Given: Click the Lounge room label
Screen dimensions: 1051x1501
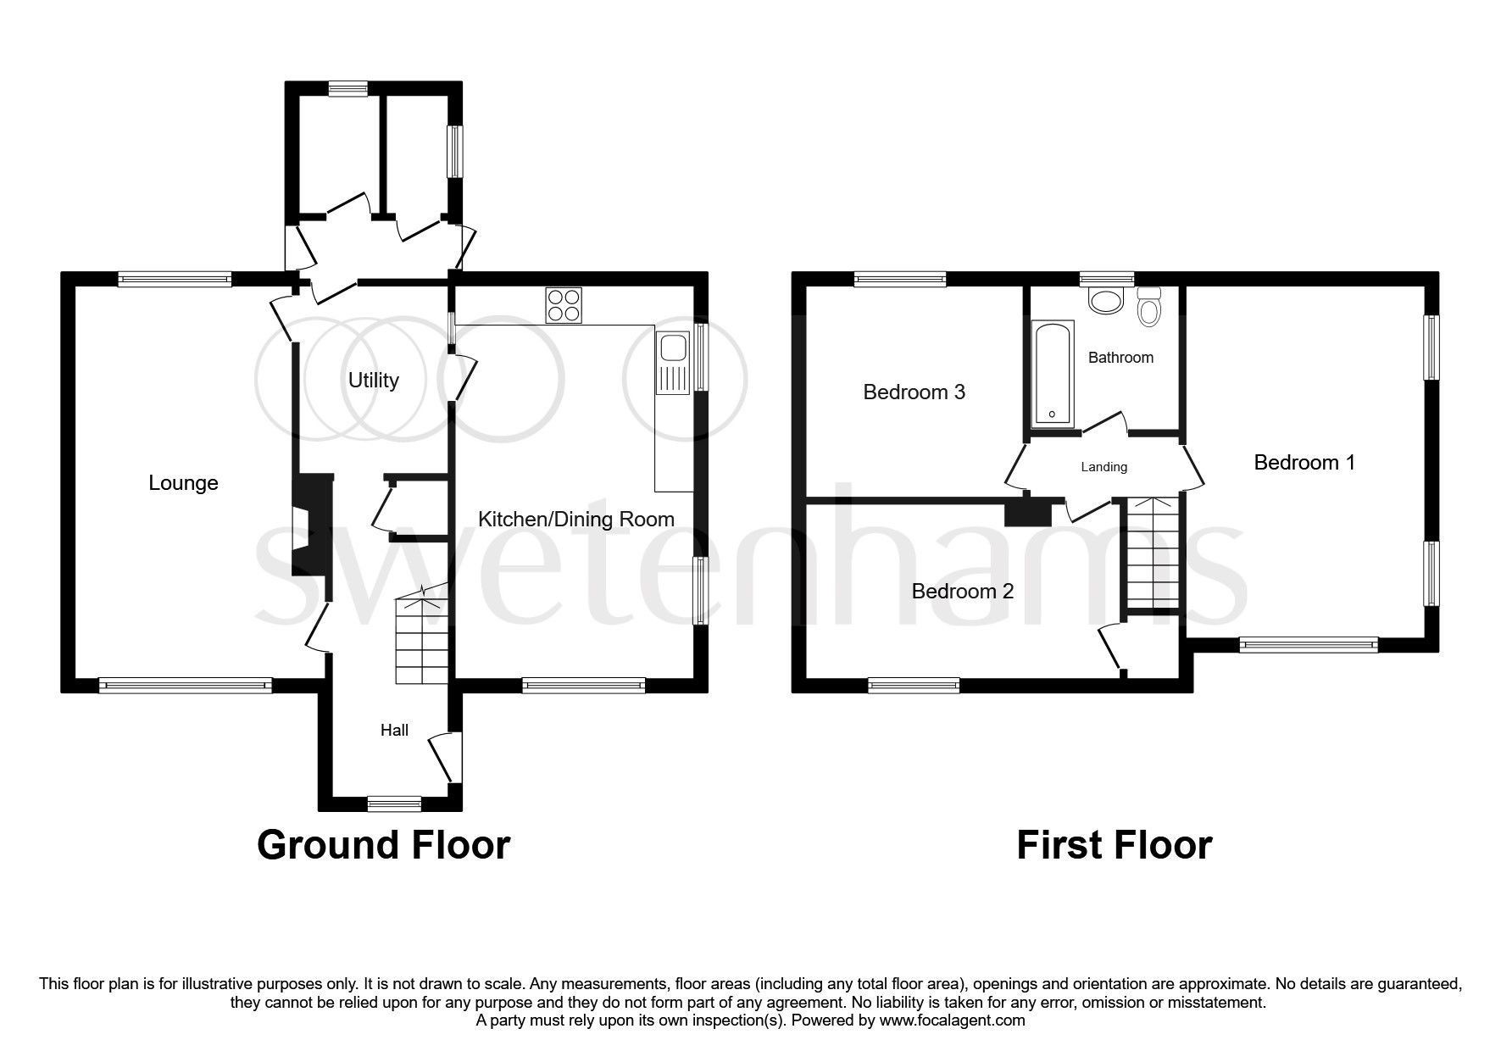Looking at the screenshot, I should [183, 483].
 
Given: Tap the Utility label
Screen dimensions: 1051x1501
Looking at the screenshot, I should [373, 381].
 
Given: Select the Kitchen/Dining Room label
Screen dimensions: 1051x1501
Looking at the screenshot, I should [576, 520].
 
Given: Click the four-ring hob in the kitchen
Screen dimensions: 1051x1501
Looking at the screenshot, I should [564, 306].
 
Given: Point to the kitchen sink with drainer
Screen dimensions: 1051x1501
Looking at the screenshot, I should [675, 364].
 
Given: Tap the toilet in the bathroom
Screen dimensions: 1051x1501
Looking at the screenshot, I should [1149, 307].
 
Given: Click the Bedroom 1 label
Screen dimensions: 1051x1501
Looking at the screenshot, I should [1304, 463].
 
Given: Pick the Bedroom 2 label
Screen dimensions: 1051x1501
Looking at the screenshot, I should [962, 592].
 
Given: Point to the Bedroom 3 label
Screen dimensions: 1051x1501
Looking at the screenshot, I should [914, 392].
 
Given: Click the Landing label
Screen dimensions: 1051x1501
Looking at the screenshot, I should [1104, 467].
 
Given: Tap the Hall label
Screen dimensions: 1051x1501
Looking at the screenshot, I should [394, 731].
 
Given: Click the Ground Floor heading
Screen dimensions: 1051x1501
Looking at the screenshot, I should [383, 845].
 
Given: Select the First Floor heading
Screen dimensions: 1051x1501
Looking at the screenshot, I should [1114, 845].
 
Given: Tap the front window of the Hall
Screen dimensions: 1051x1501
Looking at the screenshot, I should [394, 804].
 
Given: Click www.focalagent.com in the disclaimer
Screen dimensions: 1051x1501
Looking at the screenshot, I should [952, 1020].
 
